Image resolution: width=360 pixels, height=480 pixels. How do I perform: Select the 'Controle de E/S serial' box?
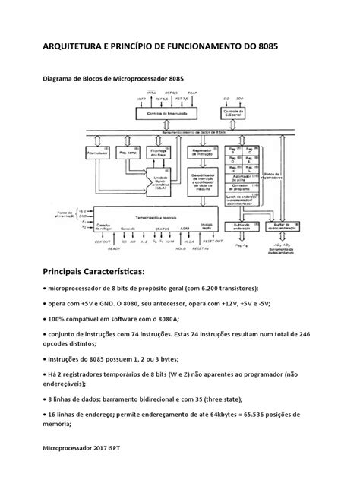(231, 112)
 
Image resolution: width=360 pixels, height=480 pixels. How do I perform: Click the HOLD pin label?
(201, 249)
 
